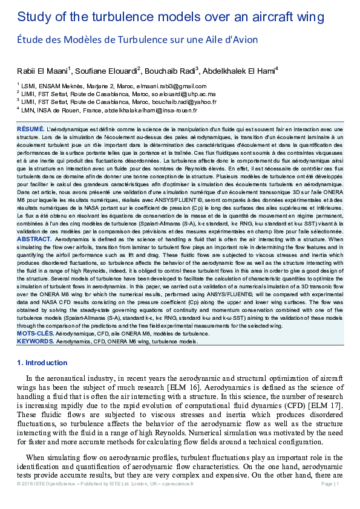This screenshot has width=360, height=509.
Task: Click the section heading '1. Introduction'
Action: pyautogui.click(x=42, y=363)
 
